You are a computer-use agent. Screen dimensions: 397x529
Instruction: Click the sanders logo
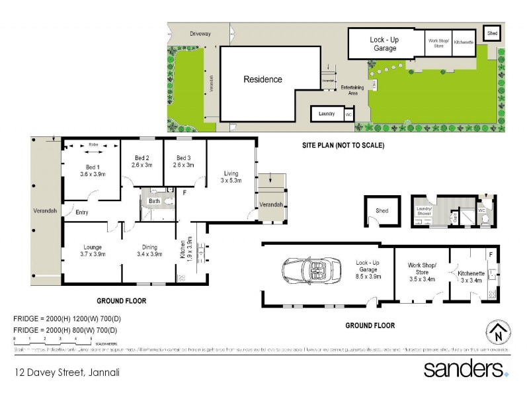click(466, 368)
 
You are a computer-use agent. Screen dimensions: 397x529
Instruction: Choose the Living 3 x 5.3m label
click(231, 176)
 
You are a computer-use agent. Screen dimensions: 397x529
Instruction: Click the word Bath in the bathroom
click(154, 200)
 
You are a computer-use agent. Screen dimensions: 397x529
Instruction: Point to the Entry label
click(82, 212)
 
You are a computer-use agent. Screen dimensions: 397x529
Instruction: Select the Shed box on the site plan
click(492, 32)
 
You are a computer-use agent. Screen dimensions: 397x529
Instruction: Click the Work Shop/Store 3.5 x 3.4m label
click(422, 272)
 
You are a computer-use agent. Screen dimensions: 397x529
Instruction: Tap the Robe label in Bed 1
click(93, 144)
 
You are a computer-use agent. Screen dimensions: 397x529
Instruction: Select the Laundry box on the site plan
click(327, 114)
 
